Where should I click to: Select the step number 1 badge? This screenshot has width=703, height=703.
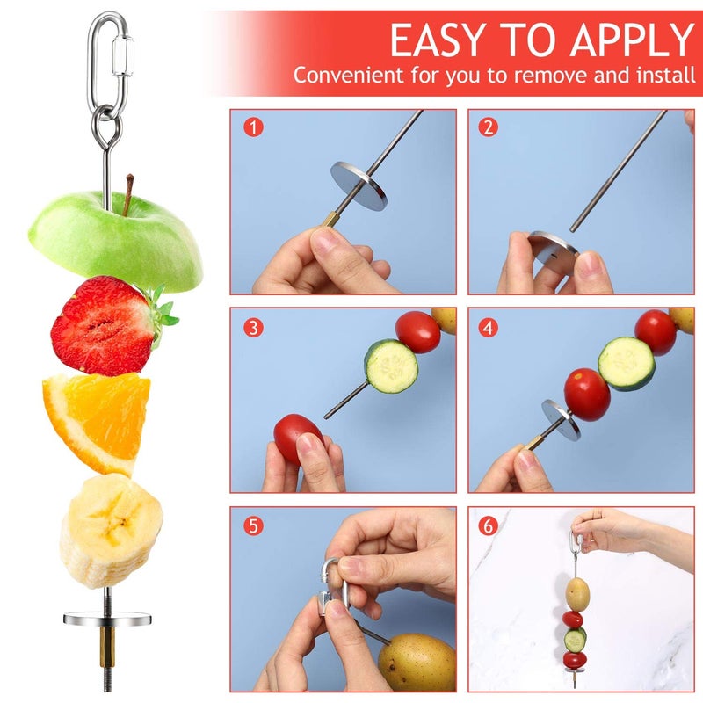click(x=253, y=127)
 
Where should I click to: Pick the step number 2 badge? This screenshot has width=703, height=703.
click(x=489, y=127)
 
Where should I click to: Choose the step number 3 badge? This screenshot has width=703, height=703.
click(x=253, y=327)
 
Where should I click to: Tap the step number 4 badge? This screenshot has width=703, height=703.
click(x=489, y=327)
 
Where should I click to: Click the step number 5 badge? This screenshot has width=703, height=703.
click(x=253, y=526)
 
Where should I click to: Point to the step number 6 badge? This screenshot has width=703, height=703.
click(x=489, y=526)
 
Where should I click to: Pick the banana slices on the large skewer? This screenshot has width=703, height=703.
click(x=111, y=527)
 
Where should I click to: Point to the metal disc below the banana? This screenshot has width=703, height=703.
click(x=107, y=619)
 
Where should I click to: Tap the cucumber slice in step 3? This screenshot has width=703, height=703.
click(x=391, y=366)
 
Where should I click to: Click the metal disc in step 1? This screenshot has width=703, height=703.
click(x=359, y=185)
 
